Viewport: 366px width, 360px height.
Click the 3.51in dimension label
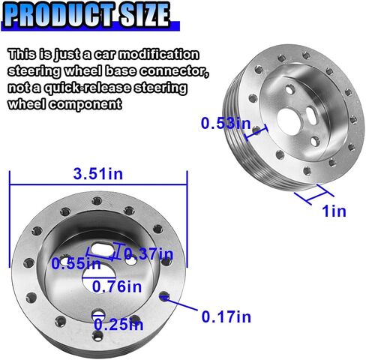coord(98,174)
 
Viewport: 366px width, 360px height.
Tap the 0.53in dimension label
coord(226,124)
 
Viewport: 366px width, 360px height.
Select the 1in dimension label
coord(334,211)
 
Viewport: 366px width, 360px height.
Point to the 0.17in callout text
coord(226,316)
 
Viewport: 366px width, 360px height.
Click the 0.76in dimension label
coord(117,286)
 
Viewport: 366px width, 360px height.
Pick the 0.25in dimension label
coord(118,325)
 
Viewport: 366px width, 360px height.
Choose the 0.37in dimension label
coord(148,254)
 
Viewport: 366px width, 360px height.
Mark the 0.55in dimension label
coord(76,264)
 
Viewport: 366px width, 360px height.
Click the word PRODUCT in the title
coord(58,14)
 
